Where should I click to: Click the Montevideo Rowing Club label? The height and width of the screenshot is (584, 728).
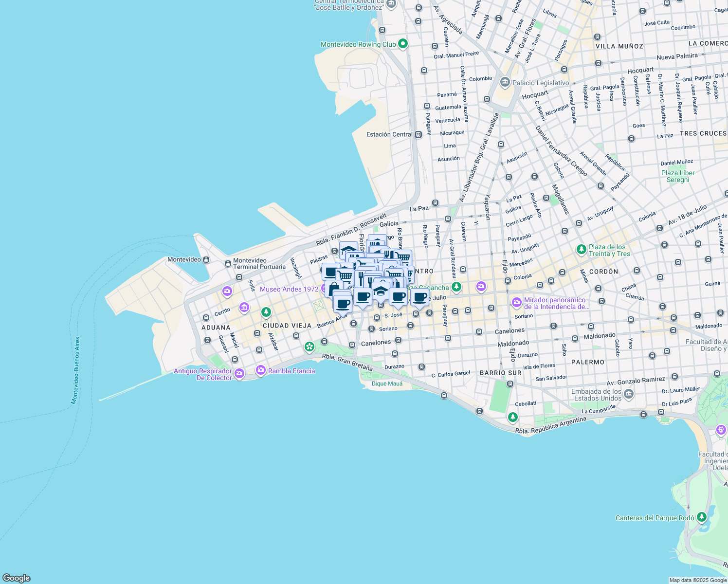pyautogui.click(x=358, y=44)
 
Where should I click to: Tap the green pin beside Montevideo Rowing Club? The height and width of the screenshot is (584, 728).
pyautogui.click(x=402, y=44)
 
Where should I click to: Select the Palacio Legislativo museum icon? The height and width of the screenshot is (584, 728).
pyautogui.click(x=505, y=82)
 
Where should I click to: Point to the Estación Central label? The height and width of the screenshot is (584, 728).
pyautogui.click(x=389, y=134)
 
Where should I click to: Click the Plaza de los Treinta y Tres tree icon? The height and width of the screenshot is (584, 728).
pyautogui.click(x=581, y=249)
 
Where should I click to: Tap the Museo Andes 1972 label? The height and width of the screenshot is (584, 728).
pyautogui.click(x=289, y=289)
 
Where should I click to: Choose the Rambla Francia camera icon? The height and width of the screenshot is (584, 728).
pyautogui.click(x=260, y=370)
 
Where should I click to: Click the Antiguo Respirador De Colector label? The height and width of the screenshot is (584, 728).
pyautogui.click(x=203, y=374)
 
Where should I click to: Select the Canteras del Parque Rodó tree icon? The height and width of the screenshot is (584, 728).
pyautogui.click(x=701, y=517)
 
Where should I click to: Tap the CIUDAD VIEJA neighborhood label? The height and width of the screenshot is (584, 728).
pyautogui.click(x=287, y=326)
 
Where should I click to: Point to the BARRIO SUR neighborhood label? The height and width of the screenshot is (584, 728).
pyautogui.click(x=500, y=373)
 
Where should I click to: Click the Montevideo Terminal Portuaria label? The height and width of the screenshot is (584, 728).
pyautogui.click(x=259, y=263)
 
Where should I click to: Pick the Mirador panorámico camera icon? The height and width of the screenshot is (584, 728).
pyautogui.click(x=517, y=303)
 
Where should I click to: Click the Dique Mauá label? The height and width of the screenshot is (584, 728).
pyautogui.click(x=387, y=383)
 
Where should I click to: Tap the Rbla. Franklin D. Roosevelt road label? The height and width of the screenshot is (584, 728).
pyautogui.click(x=351, y=229)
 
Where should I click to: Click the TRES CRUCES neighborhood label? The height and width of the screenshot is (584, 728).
pyautogui.click(x=703, y=133)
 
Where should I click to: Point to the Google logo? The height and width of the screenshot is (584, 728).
pyautogui.click(x=16, y=578)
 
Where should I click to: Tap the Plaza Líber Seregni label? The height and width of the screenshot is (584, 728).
pyautogui.click(x=678, y=176)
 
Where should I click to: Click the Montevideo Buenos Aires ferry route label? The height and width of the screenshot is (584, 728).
pyautogui.click(x=75, y=370)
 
